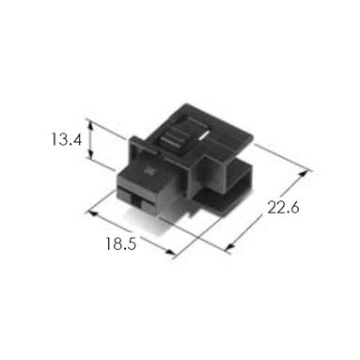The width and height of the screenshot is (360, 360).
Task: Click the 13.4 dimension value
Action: point(67,139)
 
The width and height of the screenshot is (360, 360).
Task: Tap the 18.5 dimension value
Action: point(121,243)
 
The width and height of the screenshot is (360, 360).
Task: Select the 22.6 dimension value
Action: point(283,207)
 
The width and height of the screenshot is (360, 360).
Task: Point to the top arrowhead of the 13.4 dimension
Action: point(90,126)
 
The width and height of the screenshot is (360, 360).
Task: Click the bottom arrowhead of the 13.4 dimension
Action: point(90,154)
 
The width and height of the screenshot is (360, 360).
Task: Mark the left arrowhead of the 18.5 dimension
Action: point(93,213)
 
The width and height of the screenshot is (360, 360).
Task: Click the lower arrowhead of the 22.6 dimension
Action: point(230,246)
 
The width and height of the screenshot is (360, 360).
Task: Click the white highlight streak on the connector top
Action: point(204,135)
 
